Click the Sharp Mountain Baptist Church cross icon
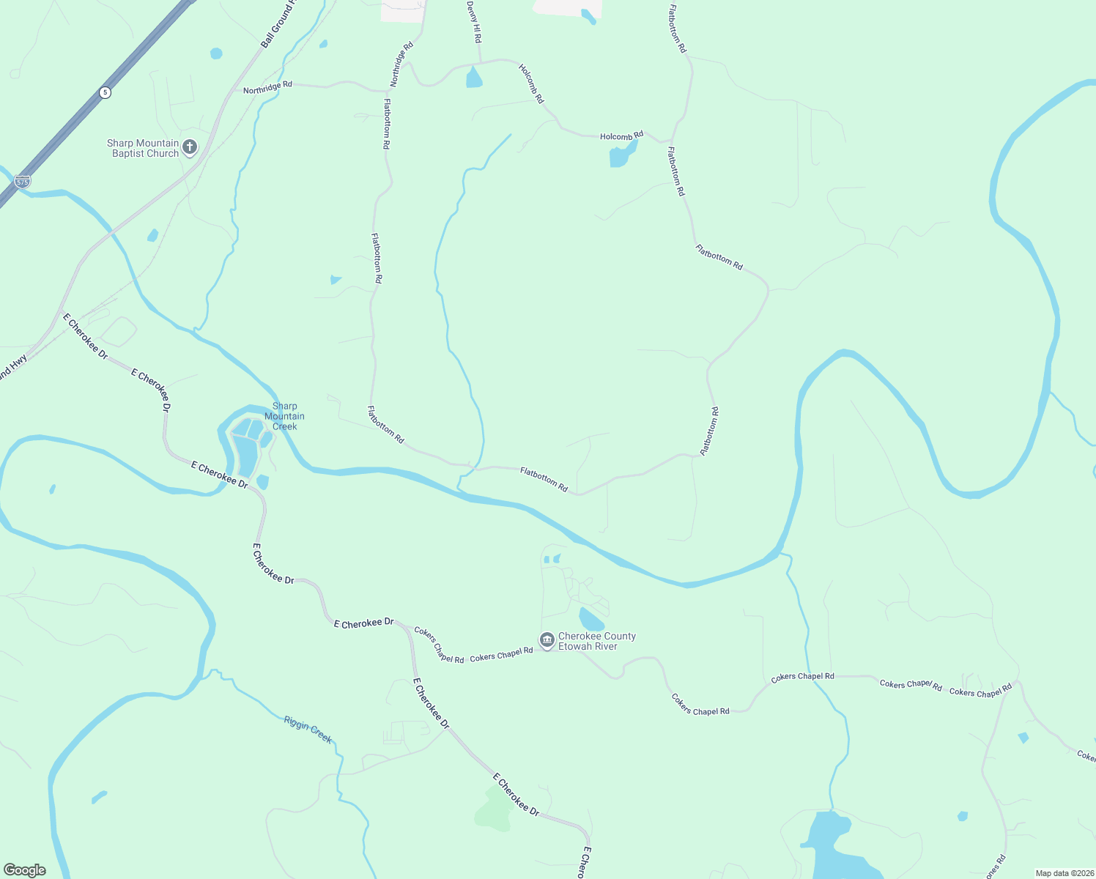tap(190, 147)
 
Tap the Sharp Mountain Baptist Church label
tap(144, 149)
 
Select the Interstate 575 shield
tap(23, 181)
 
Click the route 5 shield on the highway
tap(105, 92)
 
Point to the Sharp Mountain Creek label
tap(284, 416)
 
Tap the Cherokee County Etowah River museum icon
tap(547, 640)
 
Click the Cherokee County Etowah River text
tap(597, 641)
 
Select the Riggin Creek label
tap(308, 730)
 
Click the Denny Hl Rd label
tap(474, 21)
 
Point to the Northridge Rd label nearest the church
tap(267, 88)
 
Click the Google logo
tap(25, 870)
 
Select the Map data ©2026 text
tap(1064, 873)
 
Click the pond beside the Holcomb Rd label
tap(622, 155)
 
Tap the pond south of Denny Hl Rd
tap(474, 78)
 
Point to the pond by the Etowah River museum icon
tap(590, 619)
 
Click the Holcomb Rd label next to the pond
tap(621, 136)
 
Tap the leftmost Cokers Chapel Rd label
tap(439, 645)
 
